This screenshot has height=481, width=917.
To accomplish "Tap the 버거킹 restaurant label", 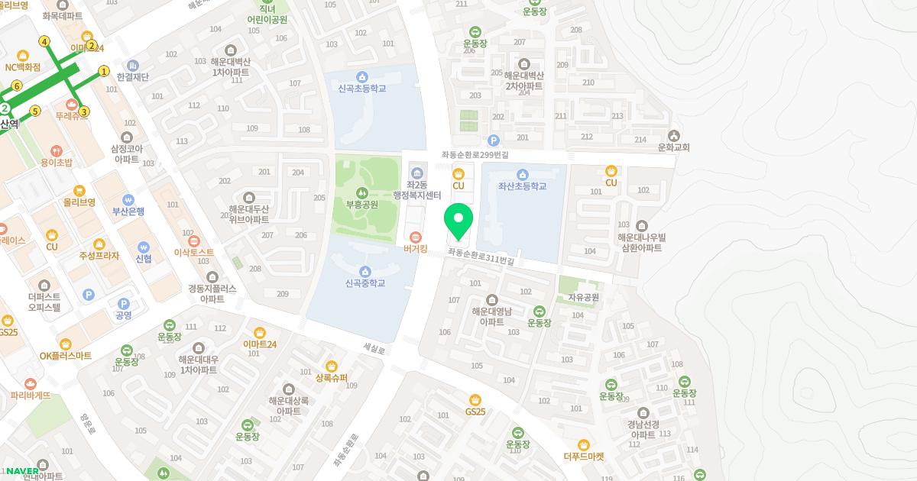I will click(416, 248).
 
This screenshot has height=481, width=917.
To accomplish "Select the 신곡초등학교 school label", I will click(362, 89).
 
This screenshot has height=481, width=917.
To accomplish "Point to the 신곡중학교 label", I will click(365, 283).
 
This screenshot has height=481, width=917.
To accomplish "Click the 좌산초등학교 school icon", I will click(523, 175).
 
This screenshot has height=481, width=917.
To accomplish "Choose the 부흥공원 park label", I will click(361, 205).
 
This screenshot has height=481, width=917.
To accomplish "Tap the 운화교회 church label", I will click(673, 147).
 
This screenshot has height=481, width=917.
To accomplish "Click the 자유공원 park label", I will click(583, 297).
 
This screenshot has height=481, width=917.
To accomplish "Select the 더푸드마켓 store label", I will click(584, 457).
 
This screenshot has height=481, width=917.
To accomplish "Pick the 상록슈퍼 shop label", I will click(332, 378).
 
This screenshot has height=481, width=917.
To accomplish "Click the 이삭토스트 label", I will click(194, 252).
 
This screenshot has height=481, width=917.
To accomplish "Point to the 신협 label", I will click(144, 259).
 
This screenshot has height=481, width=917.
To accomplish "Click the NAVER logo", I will click(22, 470).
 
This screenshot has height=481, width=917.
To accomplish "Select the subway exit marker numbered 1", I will click(104, 72).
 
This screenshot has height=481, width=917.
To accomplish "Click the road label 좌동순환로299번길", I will click(475, 154).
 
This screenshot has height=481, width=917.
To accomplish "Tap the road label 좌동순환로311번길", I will click(481, 256).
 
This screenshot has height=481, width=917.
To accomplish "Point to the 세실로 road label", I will click(374, 348).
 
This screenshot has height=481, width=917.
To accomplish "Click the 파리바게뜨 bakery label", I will click(31, 395).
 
